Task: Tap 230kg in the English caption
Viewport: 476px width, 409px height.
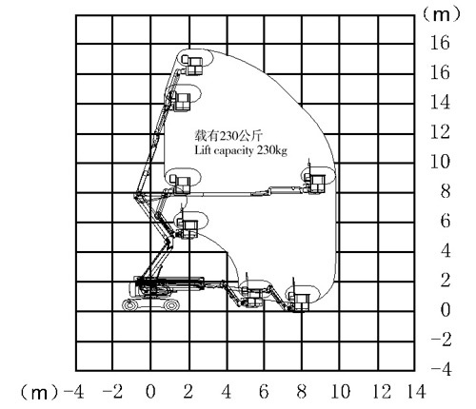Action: [272, 150]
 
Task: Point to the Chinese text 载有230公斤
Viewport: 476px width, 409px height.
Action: [228, 135]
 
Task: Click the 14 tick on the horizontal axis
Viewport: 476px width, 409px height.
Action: [416, 391]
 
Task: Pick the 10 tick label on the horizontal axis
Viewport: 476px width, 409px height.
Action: [341, 391]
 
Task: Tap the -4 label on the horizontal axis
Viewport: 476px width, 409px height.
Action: [73, 391]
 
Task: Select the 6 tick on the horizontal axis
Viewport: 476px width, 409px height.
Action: [264, 391]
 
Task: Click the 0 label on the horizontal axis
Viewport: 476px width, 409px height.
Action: [150, 391]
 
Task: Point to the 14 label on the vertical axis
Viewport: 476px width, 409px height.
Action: [440, 102]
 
